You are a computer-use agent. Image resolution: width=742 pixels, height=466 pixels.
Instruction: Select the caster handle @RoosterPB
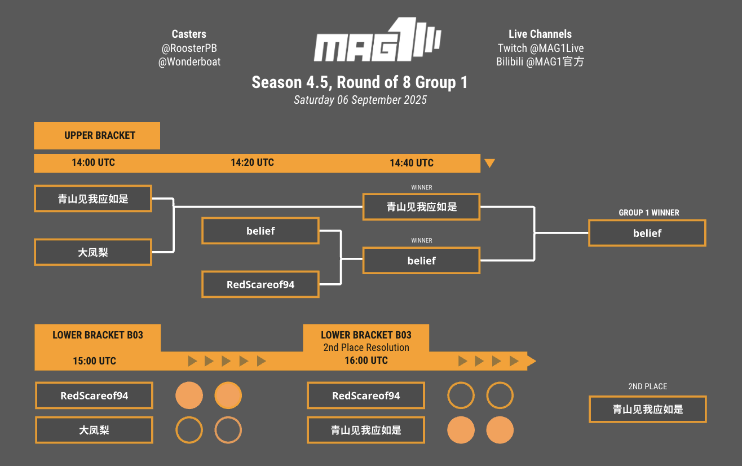coord(189,49)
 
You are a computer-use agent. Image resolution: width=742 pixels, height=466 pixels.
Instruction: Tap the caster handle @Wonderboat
coord(189,62)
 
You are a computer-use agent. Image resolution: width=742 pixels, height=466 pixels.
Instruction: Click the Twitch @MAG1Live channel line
coord(540,49)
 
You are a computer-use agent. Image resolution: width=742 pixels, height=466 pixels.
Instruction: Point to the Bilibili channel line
coord(540,62)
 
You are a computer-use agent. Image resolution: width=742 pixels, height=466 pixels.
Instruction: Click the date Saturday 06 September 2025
coord(360,100)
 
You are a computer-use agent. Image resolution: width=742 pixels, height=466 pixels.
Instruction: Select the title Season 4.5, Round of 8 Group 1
coord(360,82)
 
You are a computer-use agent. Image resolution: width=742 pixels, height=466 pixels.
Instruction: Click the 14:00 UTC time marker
coord(93,162)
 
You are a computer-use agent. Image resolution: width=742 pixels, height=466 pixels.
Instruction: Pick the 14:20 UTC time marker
coord(252,162)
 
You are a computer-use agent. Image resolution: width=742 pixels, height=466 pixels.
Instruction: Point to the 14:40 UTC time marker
coord(412,163)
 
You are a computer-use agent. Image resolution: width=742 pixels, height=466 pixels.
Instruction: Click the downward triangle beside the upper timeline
coord(489,163)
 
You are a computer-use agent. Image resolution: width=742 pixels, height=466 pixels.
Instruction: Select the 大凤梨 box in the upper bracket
coord(93,252)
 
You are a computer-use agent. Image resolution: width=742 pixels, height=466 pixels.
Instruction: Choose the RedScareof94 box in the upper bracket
coord(260,284)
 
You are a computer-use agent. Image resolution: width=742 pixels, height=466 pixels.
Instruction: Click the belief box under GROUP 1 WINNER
coord(647,233)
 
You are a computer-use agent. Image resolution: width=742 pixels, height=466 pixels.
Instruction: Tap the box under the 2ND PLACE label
coord(647,409)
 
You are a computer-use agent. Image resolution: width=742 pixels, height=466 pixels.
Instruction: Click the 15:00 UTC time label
coord(94,361)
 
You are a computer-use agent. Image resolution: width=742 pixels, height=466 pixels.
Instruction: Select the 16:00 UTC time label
coord(366,361)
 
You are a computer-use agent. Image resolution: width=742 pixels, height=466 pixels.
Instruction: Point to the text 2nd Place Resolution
coord(366,348)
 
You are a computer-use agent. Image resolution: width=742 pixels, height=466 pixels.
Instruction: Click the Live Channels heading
coord(540,34)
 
